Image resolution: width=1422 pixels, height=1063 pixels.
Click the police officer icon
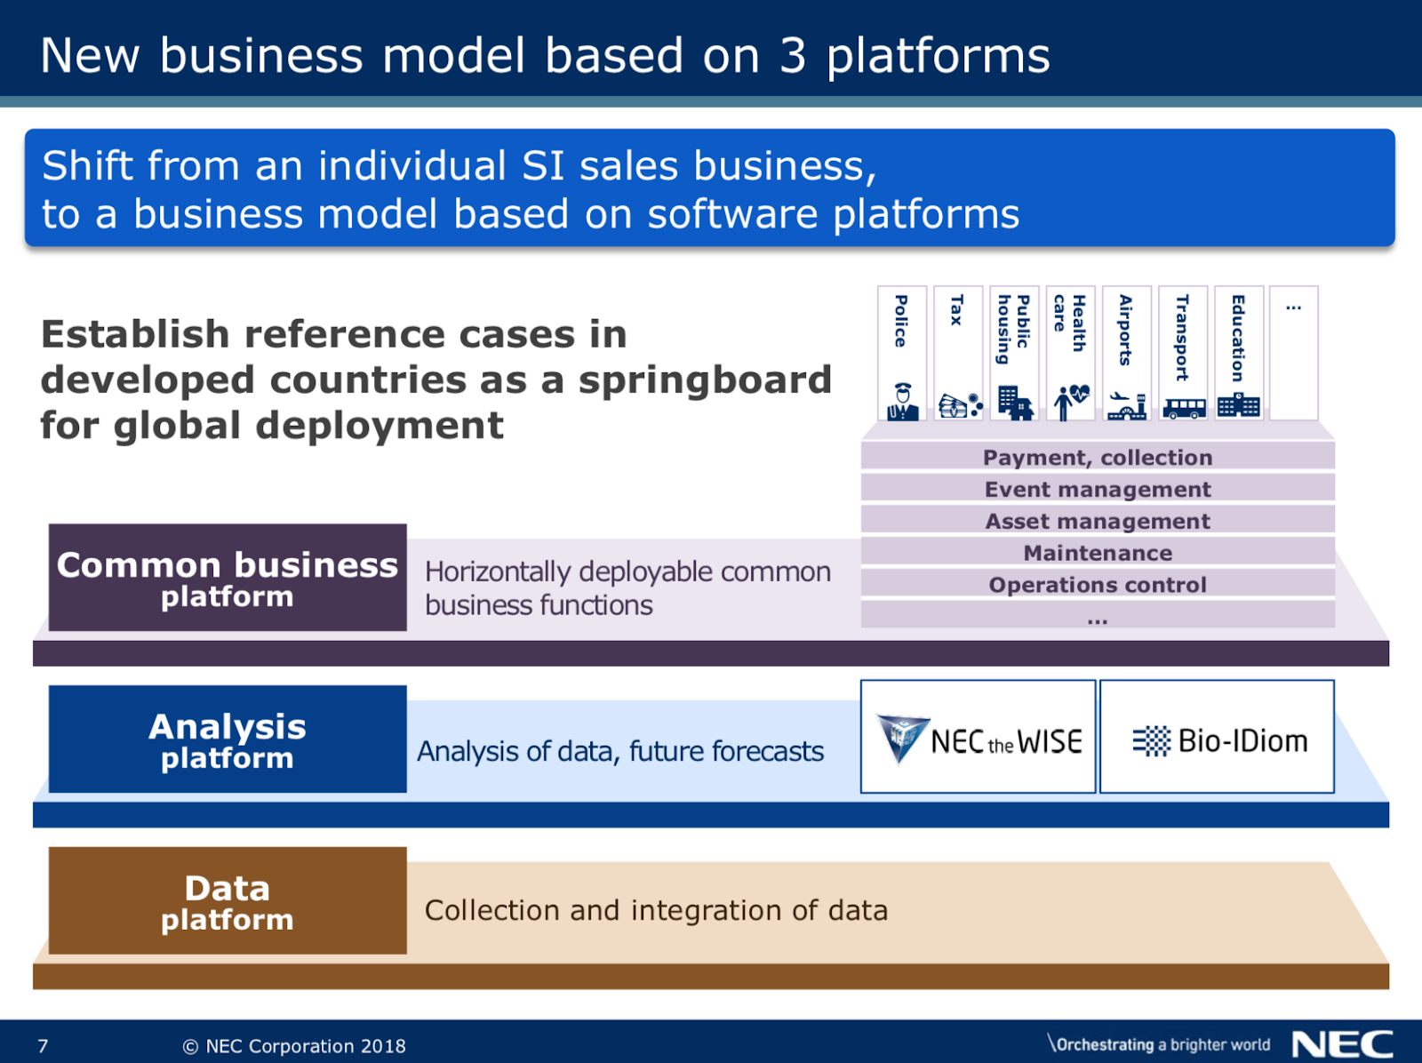[902, 402]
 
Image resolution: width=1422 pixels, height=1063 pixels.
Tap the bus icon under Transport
[1184, 408]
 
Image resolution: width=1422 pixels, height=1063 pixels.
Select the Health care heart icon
[1071, 402]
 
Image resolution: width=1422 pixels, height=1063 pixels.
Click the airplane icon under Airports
[1127, 405]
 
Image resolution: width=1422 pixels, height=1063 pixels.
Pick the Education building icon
[1239, 405]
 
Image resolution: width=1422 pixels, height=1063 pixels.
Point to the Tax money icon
[960, 405]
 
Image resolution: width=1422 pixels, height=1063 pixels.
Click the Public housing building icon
[1014, 403]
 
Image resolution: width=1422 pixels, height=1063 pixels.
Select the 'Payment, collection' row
[1098, 457]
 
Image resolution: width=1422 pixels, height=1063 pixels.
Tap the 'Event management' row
[1098, 489]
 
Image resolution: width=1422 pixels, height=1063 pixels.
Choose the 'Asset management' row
[1098, 521]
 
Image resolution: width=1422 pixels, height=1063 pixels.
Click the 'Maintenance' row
[1098, 553]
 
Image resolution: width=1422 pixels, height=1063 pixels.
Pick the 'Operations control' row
[1098, 585]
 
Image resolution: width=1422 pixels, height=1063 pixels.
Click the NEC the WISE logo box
[979, 737]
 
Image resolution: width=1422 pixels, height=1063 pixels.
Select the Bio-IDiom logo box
[1218, 737]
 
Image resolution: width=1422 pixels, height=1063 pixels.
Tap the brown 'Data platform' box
[228, 900]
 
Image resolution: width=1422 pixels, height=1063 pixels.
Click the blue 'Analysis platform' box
[228, 739]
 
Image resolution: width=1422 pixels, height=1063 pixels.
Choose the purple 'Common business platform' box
[228, 578]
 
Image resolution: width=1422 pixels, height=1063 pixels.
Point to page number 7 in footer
[43, 1046]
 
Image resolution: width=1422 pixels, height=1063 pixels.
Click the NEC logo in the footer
[1342, 1044]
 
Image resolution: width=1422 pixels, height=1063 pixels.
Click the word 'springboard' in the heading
[705, 380]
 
